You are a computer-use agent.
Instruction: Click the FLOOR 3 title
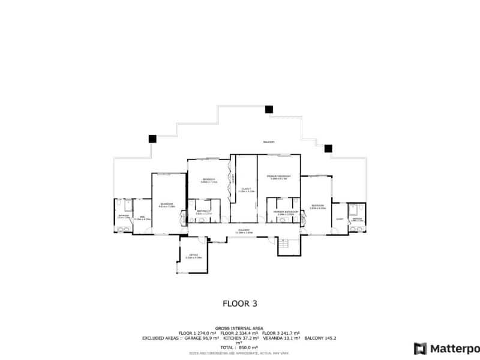click(x=240, y=304)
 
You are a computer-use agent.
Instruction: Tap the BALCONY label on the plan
click(x=268, y=142)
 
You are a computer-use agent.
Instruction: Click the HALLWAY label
click(x=244, y=230)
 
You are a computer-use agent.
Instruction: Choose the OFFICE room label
click(x=193, y=256)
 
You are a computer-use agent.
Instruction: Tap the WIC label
click(x=142, y=218)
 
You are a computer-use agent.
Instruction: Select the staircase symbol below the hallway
click(x=286, y=242)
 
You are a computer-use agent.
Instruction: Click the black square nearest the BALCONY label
click(x=269, y=109)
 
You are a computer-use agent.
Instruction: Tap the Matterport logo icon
click(x=421, y=348)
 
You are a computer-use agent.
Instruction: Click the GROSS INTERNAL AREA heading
click(x=239, y=329)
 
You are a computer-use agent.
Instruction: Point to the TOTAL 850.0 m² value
click(x=239, y=347)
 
